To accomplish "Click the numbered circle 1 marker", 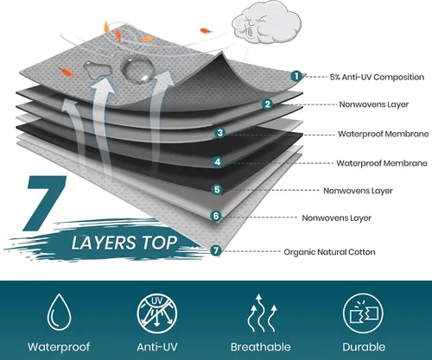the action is [x=296, y=76].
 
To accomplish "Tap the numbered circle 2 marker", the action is [x=268, y=104].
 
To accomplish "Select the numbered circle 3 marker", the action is [x=220, y=133].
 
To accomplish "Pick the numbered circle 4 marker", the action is [x=218, y=161].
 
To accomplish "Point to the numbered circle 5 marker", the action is [x=217, y=190].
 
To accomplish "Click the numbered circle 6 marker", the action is [x=216, y=216].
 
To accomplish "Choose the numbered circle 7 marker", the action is [x=215, y=250].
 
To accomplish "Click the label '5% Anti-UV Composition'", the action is [x=377, y=77].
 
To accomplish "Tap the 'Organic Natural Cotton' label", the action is [x=329, y=252].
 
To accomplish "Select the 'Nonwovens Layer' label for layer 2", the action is [x=374, y=104].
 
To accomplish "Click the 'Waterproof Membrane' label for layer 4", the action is [x=382, y=163].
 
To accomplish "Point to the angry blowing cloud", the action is [x=266, y=22].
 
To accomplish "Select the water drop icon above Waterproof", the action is [x=59, y=313].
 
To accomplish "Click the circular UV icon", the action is [x=157, y=313].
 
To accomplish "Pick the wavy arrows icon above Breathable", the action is [x=262, y=313].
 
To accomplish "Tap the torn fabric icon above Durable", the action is [x=363, y=313].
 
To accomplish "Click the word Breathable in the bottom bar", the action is [x=261, y=347].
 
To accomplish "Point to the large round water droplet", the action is [x=137, y=69].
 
